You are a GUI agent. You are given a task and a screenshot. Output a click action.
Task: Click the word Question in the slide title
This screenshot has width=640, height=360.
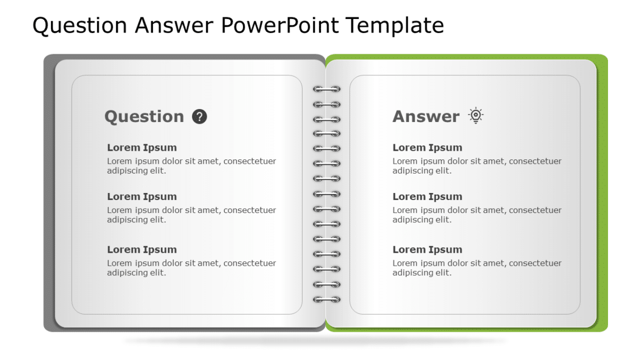[x=80, y=25]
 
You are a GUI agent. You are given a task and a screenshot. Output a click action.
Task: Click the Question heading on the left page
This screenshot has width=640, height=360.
[x=144, y=117]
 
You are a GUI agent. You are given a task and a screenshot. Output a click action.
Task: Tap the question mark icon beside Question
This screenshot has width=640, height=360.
[x=200, y=117]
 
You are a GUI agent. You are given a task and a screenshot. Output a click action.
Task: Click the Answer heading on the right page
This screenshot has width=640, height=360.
[x=426, y=117]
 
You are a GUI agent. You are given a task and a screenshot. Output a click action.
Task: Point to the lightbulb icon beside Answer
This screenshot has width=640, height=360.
[x=476, y=115]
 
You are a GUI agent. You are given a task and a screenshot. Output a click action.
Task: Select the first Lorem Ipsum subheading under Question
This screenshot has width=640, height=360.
[x=142, y=147]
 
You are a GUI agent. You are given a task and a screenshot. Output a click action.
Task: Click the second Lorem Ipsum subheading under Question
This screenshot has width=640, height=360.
[x=142, y=196]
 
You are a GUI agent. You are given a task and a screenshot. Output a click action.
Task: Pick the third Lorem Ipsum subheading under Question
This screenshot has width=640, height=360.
[x=142, y=249]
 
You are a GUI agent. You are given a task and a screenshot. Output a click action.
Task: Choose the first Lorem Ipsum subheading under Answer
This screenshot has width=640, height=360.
[x=427, y=147]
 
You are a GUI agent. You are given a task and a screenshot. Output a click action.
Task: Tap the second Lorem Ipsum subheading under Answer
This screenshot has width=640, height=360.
[x=427, y=196]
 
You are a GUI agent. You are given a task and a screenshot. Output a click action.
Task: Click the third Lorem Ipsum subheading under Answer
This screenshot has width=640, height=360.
[x=427, y=249]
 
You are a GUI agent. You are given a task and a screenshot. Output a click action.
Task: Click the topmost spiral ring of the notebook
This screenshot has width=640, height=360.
[x=327, y=89]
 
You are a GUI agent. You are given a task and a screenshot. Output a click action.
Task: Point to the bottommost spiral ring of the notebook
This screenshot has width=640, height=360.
[x=327, y=299]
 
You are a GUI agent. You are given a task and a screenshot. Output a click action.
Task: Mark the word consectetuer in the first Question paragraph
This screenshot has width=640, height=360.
[x=249, y=161]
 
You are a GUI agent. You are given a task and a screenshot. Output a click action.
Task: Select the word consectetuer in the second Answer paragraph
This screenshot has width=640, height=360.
[x=535, y=210]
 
